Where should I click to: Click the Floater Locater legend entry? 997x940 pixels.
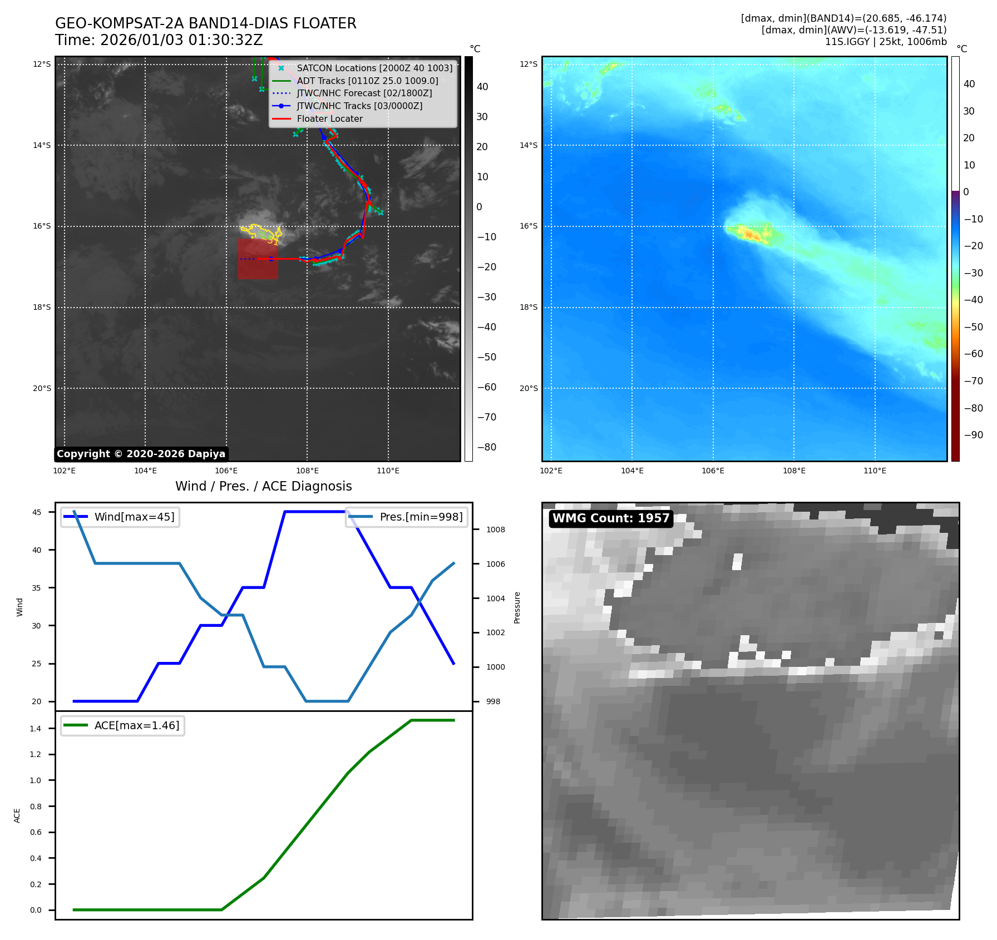329,118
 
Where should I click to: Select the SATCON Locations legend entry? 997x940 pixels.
374,68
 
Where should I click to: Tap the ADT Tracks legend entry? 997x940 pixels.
367,81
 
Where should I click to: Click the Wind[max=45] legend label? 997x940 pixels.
134,517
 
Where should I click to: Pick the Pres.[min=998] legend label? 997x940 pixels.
421,517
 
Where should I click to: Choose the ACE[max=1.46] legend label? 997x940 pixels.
137,725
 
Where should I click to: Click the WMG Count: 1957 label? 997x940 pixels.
610,518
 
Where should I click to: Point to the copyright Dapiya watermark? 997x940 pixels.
141,454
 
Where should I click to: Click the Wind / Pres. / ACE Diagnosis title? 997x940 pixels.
263,486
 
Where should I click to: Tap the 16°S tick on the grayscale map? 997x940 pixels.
42,226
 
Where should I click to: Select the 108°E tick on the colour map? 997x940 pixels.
794,471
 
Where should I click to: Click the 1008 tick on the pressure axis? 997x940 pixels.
495,530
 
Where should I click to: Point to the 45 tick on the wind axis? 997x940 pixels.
37,512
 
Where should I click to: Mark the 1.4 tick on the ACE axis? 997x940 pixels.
36,729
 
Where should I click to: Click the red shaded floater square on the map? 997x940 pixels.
258,259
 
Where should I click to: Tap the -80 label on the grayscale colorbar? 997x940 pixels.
486,447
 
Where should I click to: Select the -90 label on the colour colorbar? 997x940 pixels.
973,435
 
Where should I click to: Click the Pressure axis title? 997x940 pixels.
517,607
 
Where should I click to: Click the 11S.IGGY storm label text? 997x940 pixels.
847,42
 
